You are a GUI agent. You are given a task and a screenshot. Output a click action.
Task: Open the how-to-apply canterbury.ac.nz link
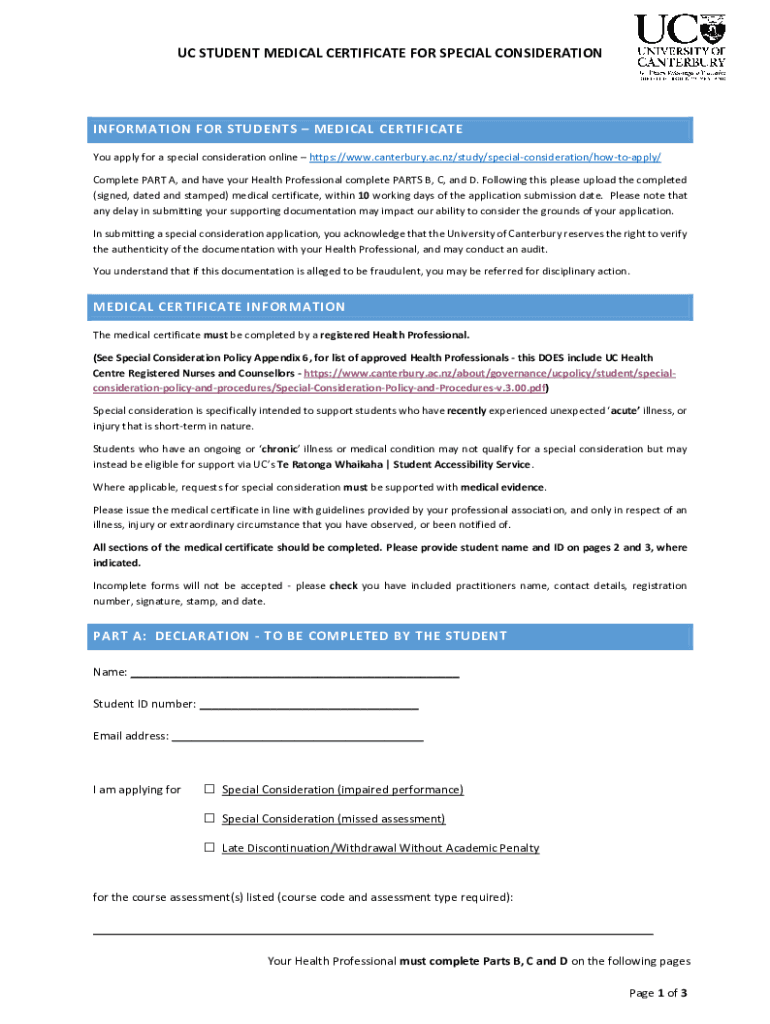coord(485,158)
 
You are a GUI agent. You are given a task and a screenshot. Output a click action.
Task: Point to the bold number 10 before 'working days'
coord(364,196)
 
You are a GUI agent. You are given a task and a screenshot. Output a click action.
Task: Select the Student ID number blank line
coord(309,704)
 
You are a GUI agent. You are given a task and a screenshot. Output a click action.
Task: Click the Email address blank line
coord(298,737)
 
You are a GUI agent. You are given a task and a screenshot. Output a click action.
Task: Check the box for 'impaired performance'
coord(210,789)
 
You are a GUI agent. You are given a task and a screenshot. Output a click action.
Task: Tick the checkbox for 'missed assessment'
coord(210,818)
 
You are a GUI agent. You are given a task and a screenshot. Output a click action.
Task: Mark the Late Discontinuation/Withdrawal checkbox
coord(210,847)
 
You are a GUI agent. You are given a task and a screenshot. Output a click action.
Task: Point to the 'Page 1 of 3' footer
coord(657,993)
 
